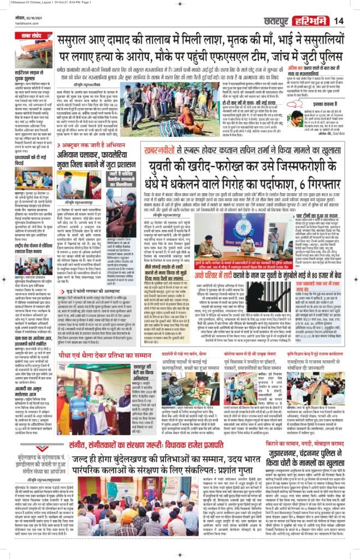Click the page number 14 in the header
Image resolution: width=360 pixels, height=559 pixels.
point(339,21)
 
